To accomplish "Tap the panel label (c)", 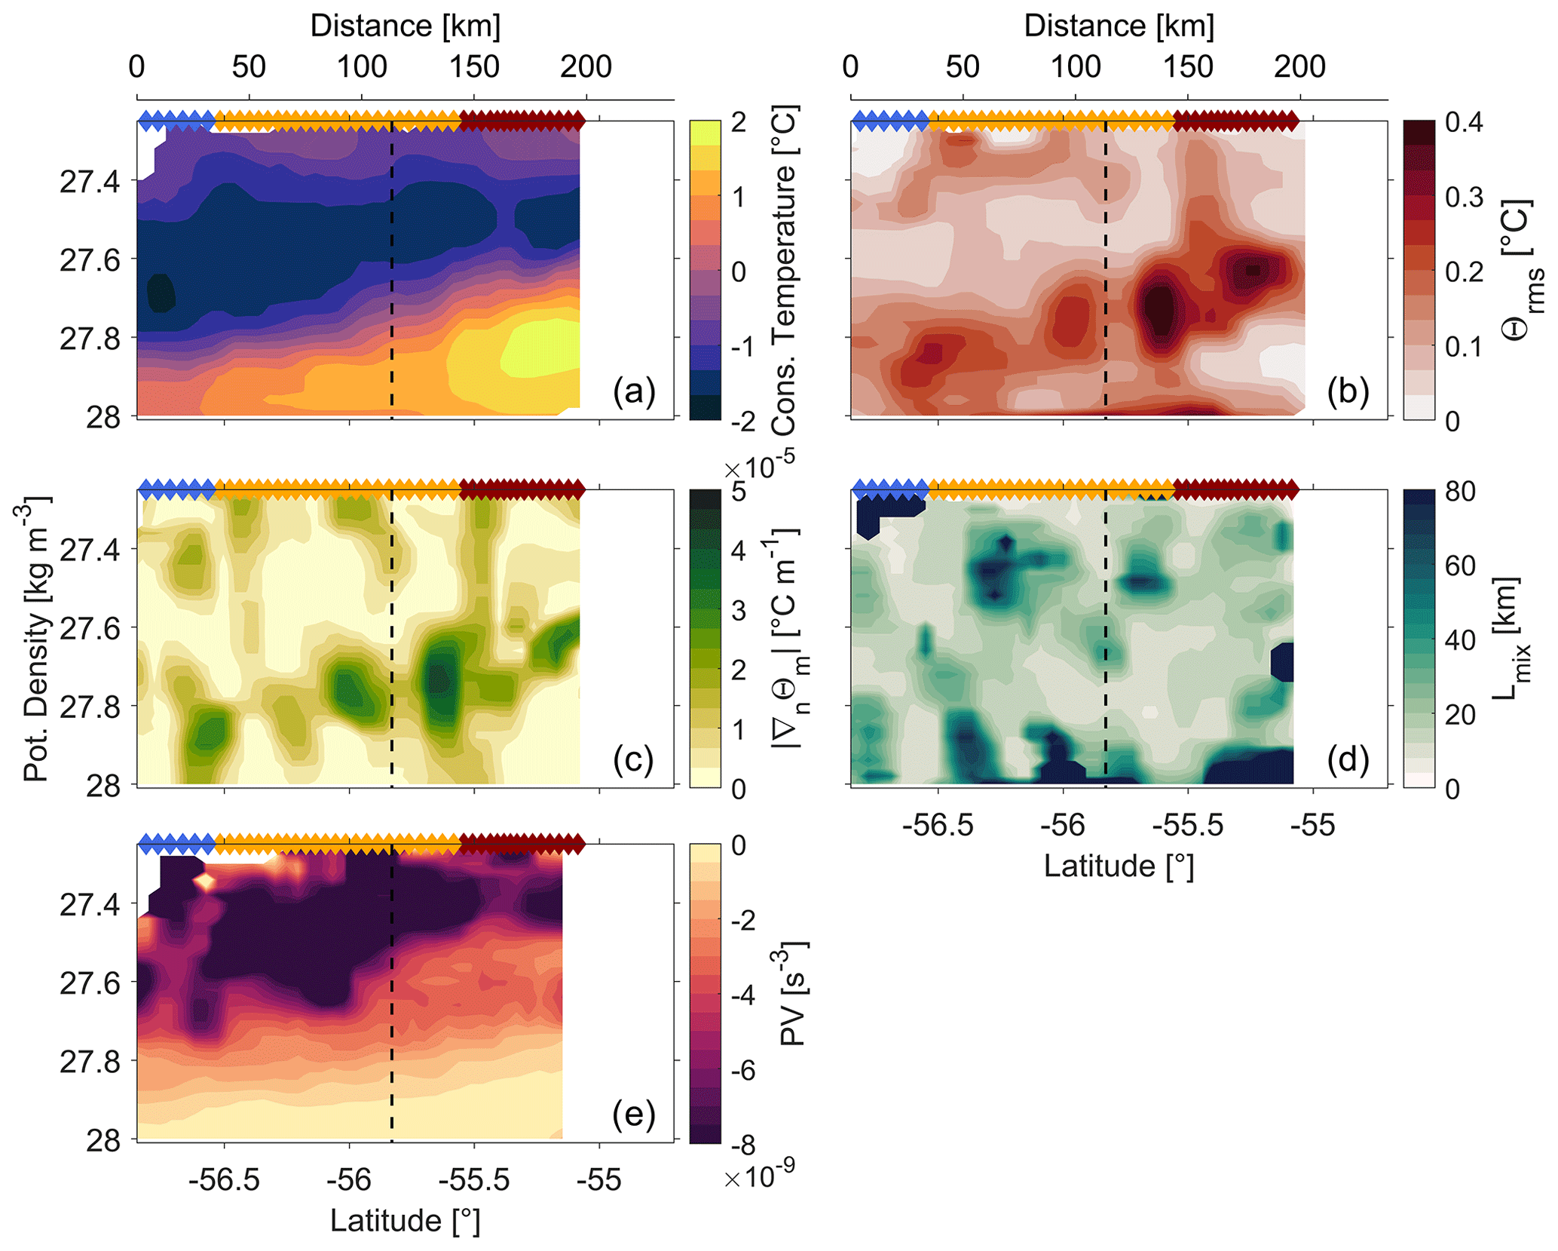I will pos(633,760).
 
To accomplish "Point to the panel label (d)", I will pos(1348,760).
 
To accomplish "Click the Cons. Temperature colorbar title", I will pos(784,270).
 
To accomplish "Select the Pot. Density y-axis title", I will pos(35,638).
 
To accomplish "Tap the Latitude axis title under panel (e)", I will pos(405,1220).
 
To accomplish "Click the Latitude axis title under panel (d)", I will pos(1119,866).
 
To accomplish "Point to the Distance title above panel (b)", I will pos(1119,26).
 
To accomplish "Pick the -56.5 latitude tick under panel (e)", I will pos(225,1179).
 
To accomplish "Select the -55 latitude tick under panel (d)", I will pos(1313,825).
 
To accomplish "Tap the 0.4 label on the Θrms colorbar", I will pos(1464,122).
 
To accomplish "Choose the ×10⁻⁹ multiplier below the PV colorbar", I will pos(758,1176).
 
